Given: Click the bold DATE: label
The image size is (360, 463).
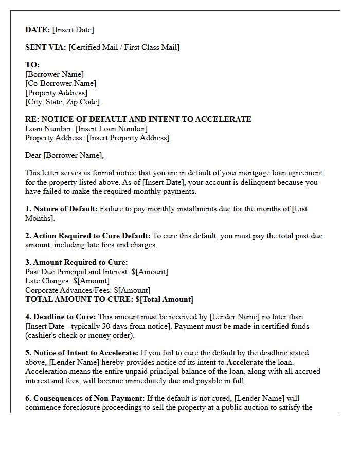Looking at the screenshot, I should [38, 30].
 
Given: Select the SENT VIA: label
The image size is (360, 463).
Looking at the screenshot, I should [46, 47].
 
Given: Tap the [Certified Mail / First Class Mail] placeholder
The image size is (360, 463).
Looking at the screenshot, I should [124, 47].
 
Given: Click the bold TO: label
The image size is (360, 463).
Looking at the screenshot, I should [32, 65].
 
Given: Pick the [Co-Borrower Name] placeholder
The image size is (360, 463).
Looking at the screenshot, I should [61, 83].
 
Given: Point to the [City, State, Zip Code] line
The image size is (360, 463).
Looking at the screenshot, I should [62, 102].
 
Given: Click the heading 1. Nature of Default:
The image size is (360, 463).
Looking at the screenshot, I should [61, 209].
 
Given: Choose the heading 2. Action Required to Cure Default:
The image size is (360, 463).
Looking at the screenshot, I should [88, 236].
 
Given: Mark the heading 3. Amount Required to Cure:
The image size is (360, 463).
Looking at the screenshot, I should [77, 262].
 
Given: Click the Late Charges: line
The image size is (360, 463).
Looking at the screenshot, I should [67, 281].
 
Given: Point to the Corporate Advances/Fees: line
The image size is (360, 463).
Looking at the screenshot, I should [88, 290].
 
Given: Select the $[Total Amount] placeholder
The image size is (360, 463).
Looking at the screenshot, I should [165, 299].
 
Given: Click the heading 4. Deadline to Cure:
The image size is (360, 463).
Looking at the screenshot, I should [60, 317].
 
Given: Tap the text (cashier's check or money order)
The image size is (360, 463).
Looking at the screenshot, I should [80, 335].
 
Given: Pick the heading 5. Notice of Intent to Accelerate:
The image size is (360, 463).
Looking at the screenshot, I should [82, 353].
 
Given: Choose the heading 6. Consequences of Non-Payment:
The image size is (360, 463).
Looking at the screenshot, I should [85, 398].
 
